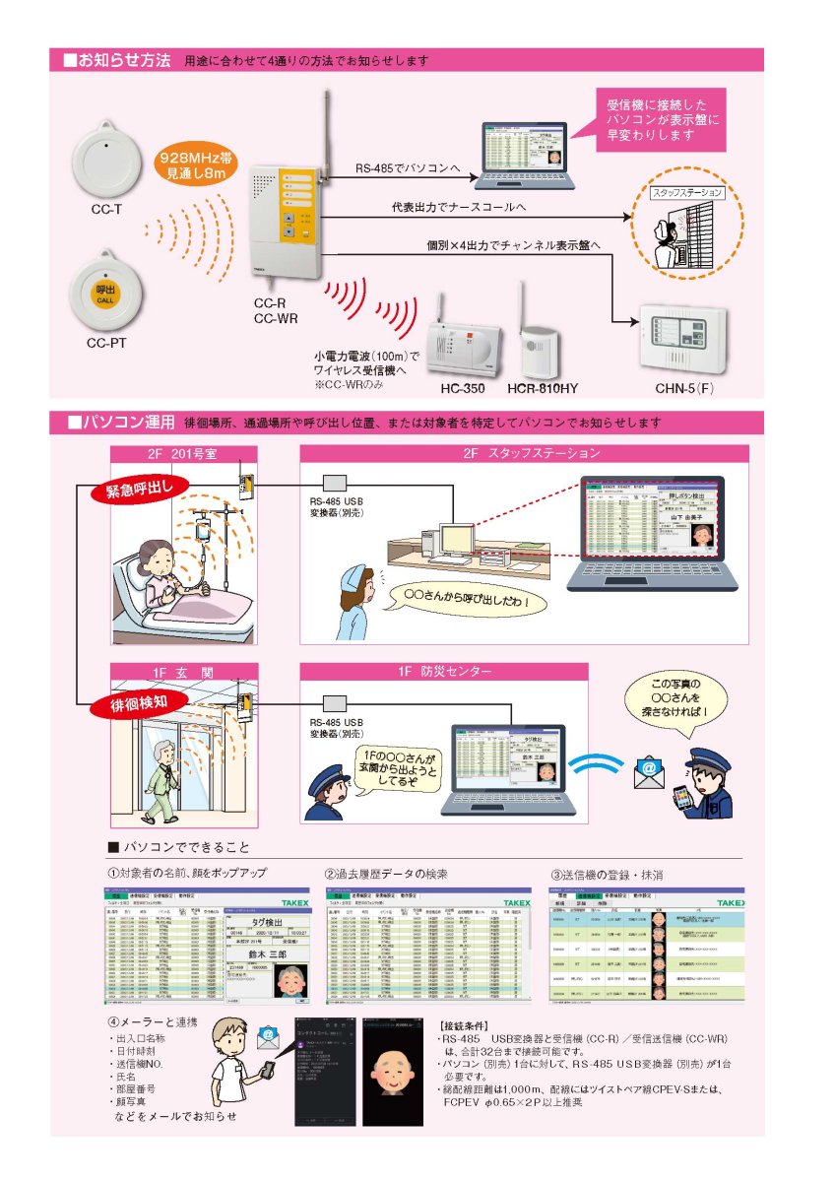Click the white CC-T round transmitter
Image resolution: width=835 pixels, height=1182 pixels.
(x=105, y=160)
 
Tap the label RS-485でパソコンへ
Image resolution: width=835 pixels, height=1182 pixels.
(x=408, y=168)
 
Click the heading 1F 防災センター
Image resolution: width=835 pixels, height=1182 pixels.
(x=443, y=672)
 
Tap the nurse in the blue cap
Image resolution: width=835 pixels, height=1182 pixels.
(x=355, y=605)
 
